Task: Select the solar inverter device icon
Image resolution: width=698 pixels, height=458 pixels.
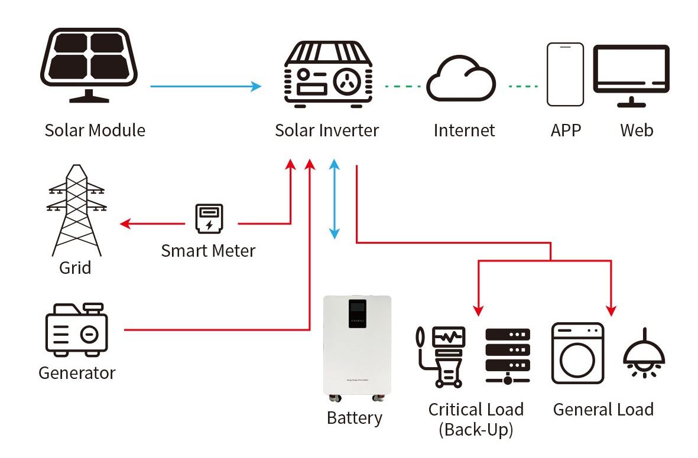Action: tap(328, 75)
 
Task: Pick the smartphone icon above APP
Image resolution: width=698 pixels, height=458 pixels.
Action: tap(564, 73)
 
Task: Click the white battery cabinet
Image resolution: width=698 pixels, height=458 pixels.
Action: tap(357, 345)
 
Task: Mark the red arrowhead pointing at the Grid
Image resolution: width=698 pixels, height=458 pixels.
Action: tap(124, 224)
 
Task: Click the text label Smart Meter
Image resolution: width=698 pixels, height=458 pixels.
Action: tap(208, 250)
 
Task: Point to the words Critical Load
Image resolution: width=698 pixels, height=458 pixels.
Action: tap(476, 409)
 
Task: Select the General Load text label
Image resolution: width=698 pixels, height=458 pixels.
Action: tap(603, 409)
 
